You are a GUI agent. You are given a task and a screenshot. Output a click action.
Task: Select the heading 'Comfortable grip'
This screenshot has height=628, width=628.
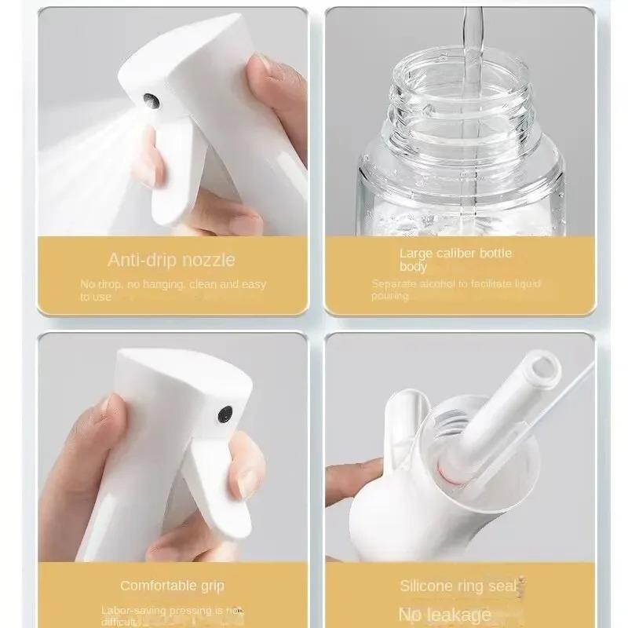pyautogui.click(x=172, y=586)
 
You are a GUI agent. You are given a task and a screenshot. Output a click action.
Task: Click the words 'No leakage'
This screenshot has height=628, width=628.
pyautogui.click(x=444, y=614)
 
